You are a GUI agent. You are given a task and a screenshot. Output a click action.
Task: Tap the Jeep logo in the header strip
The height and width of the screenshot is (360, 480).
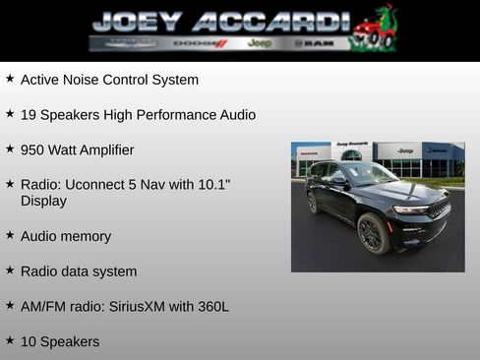(260, 43)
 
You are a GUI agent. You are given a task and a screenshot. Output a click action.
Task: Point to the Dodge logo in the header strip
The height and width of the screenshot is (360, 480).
(200, 43)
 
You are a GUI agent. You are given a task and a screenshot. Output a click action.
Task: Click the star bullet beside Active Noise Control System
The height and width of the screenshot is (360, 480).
(10, 79)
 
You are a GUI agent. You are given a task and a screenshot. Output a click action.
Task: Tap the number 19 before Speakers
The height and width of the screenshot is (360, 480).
(29, 115)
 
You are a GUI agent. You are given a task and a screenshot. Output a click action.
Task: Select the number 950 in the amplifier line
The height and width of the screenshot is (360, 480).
(33, 150)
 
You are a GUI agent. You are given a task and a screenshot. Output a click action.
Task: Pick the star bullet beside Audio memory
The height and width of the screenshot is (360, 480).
(10, 236)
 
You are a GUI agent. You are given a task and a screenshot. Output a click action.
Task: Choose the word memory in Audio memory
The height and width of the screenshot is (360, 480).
(85, 237)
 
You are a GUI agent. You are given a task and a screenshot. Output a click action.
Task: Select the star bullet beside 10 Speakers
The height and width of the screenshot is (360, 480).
(10, 341)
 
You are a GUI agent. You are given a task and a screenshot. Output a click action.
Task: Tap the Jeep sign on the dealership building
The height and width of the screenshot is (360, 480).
(405, 150)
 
